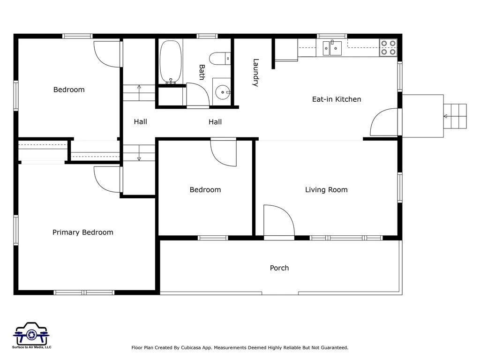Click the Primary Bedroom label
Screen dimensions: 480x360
pos(82,232)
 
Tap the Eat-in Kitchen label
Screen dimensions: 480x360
pos(337,99)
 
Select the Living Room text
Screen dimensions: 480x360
pos(326,190)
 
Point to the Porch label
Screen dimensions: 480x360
pos(279,268)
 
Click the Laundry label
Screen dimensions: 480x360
pos(256,73)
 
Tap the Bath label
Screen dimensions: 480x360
pos(202,72)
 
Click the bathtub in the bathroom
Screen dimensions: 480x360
pos(171,62)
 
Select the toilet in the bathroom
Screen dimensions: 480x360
pos(220,59)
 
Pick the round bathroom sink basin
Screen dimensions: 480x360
pos(223,92)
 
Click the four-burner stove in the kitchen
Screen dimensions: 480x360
pos(388,47)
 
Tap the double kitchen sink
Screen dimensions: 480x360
pos(332,48)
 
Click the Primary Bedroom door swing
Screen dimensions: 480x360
pos(107,180)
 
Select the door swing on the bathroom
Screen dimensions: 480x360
pos(198,95)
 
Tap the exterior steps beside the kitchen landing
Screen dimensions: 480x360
pos(455,116)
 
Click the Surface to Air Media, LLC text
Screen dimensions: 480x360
pos(31,347)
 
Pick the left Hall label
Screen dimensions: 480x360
pos(140,122)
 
